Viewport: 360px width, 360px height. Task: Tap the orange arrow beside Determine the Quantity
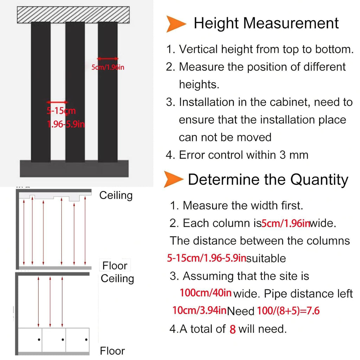[x=173, y=179]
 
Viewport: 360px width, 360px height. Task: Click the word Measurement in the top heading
[x=291, y=23]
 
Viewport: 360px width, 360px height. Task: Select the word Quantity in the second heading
[x=319, y=180]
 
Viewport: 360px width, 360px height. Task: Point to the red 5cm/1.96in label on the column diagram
[x=108, y=67]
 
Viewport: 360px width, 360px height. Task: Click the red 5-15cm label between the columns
[x=61, y=111]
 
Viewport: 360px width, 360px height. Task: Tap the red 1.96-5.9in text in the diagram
[x=66, y=124]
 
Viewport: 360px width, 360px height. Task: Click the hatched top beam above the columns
[x=73, y=15]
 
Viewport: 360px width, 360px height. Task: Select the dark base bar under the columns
[x=74, y=168]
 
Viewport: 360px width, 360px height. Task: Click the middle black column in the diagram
[x=75, y=92]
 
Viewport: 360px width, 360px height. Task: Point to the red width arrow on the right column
[x=108, y=59]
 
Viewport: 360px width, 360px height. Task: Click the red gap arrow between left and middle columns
[x=57, y=102]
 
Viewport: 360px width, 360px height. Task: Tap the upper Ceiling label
[x=116, y=195]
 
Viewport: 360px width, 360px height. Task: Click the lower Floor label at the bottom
[x=112, y=351]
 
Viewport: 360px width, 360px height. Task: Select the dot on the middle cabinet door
[x=63, y=340]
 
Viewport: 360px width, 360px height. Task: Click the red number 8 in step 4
[x=233, y=329]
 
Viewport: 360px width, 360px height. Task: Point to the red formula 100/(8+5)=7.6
[x=288, y=311]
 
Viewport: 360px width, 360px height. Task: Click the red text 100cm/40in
[x=206, y=293]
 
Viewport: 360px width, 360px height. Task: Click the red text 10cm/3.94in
[x=200, y=310]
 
